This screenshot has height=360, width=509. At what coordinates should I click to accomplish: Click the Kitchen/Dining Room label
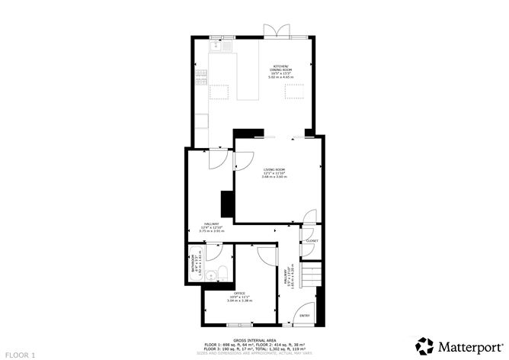coord(280,69)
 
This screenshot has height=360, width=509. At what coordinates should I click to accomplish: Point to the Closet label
coord(312,240)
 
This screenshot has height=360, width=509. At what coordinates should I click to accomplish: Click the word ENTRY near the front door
coord(304,315)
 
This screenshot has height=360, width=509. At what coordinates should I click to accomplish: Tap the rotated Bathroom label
coord(194,263)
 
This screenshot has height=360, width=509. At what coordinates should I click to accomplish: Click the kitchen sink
coord(218,46)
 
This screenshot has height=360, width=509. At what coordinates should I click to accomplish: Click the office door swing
coord(264,255)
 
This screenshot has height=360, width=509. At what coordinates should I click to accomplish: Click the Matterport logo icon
coord(426,345)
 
